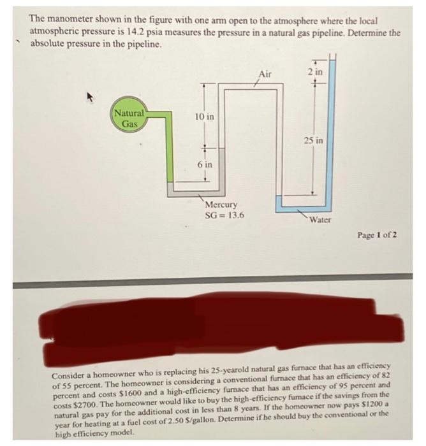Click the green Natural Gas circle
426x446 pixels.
pyautogui.click(x=129, y=119)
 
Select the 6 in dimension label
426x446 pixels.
pyautogui.click(x=205, y=164)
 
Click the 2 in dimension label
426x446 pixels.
pyautogui.click(x=314, y=73)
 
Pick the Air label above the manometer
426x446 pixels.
pyautogui.click(x=265, y=75)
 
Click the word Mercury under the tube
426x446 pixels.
pyautogui.click(x=221, y=205)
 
